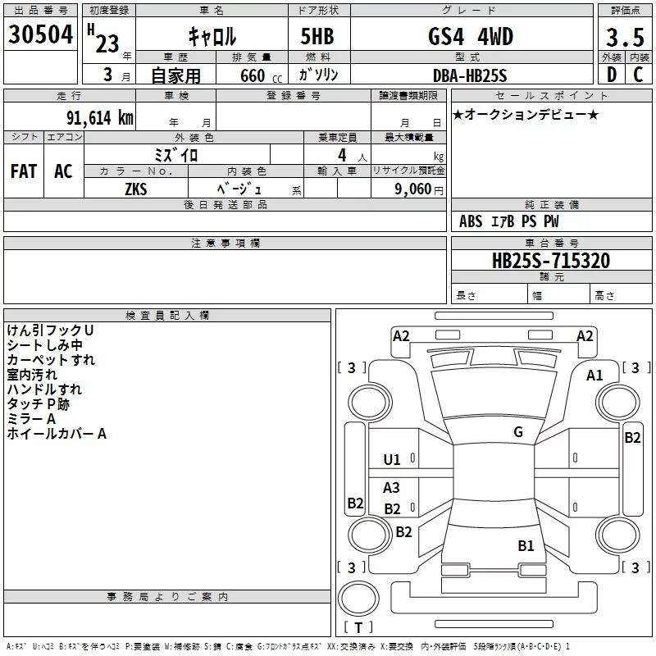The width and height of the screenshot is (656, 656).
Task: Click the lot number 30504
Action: (x=40, y=34)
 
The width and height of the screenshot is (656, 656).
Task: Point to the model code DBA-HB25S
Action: (x=470, y=75)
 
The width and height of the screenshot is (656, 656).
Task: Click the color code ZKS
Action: (x=136, y=189)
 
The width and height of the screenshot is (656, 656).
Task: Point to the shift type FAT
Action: (x=23, y=171)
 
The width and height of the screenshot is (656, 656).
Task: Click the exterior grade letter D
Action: (x=612, y=75)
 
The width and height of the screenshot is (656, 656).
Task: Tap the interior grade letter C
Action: (x=639, y=75)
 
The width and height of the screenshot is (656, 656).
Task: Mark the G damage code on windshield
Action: (x=517, y=432)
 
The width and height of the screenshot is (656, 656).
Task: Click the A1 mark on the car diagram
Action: (x=594, y=375)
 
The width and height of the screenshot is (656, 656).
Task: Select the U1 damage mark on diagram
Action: (x=392, y=460)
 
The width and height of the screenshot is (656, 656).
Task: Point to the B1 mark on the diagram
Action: (x=526, y=545)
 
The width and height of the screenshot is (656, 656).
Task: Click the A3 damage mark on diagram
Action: (x=392, y=488)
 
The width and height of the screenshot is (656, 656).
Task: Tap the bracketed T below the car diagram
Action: (x=358, y=628)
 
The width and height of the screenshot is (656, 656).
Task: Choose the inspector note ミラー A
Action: (x=31, y=418)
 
